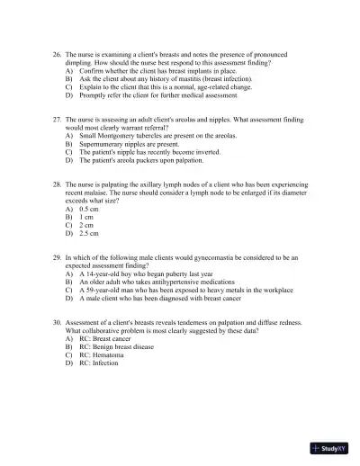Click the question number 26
click(58, 55)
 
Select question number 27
click(58, 119)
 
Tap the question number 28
click(58, 184)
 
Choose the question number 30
click(58, 321)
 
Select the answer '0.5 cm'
click(88, 209)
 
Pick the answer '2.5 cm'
click(88, 233)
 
